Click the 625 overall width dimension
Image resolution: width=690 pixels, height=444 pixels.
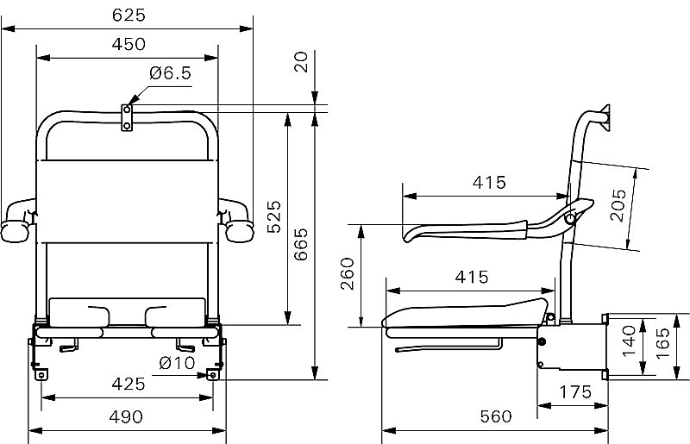(129, 16)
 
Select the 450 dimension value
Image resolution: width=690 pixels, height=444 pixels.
(129, 45)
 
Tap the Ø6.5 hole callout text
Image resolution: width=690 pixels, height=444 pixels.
(170, 73)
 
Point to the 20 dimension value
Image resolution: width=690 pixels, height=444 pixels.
(301, 62)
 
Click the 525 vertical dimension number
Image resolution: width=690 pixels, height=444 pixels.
(273, 216)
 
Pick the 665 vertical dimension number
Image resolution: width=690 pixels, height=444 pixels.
(301, 244)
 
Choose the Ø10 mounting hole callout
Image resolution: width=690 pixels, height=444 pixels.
(177, 363)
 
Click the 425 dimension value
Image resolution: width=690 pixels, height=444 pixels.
(129, 385)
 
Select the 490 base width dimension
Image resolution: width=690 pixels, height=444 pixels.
(126, 416)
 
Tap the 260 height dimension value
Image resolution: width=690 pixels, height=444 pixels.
(348, 273)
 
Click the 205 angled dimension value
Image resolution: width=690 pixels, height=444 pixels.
(618, 205)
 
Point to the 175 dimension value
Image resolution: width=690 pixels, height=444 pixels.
(575, 391)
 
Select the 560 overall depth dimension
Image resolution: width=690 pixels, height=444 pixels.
(496, 416)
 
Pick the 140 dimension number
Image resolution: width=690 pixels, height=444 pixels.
(629, 341)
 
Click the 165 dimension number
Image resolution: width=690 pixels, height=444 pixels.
(662, 343)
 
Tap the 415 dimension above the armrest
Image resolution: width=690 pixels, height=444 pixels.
(489, 182)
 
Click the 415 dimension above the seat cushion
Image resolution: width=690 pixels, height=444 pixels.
(472, 278)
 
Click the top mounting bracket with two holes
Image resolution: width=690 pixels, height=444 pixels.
(127, 117)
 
